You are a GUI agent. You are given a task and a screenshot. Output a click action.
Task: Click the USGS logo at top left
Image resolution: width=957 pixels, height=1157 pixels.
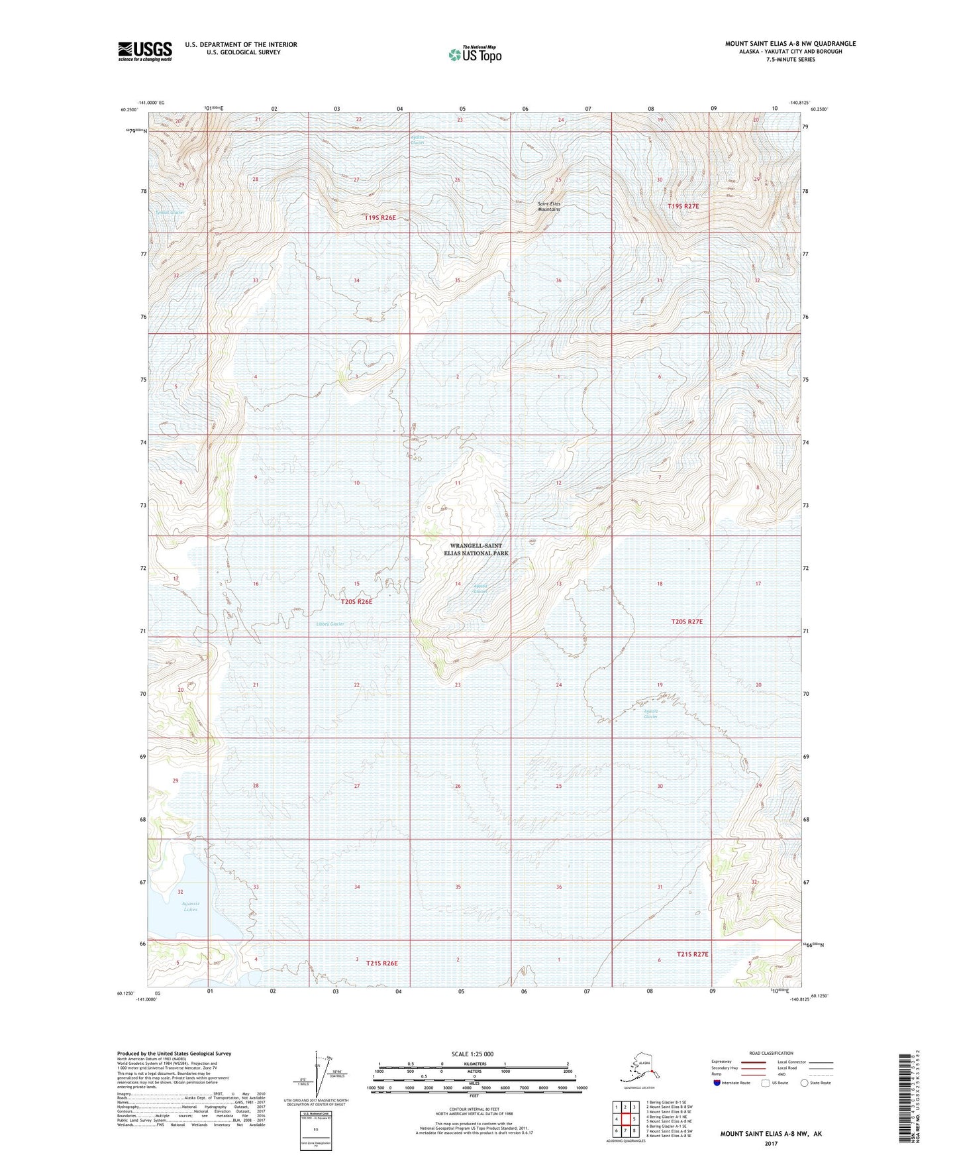pos(144,51)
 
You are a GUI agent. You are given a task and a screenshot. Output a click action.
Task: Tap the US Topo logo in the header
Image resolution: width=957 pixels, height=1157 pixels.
pos(474,54)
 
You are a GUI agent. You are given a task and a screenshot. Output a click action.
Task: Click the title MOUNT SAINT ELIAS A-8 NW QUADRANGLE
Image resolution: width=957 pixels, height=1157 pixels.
pos(789,44)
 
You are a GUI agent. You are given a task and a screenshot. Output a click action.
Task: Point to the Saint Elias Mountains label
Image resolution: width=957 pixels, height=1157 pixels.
pos(548,206)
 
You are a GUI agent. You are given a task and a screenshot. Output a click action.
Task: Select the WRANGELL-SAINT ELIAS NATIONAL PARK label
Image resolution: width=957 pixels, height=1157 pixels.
pos(479,549)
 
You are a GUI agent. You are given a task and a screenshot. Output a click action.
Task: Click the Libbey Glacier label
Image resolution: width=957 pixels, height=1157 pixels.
pos(330,624)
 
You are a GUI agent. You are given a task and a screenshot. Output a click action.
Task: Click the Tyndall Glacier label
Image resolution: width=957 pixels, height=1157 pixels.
pos(169,213)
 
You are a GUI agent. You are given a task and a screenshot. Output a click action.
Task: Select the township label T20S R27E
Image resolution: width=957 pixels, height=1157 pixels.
pos(687,622)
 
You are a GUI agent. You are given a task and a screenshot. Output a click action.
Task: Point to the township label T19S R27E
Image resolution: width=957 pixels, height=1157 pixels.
pos(683,206)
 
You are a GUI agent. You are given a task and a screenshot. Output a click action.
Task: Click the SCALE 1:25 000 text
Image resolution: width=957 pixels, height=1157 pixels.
pos(472,1054)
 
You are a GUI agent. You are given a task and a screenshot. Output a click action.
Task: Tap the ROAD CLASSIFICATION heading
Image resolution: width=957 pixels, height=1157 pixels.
pos(771,1053)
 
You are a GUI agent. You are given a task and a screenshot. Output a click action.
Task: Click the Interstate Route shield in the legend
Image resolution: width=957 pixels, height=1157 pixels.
pos(717,1083)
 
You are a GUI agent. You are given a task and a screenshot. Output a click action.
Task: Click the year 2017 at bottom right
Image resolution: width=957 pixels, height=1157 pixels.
pos(771,1144)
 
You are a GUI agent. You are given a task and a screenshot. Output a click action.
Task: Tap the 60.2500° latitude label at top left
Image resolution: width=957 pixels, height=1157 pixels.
pos(130,111)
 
